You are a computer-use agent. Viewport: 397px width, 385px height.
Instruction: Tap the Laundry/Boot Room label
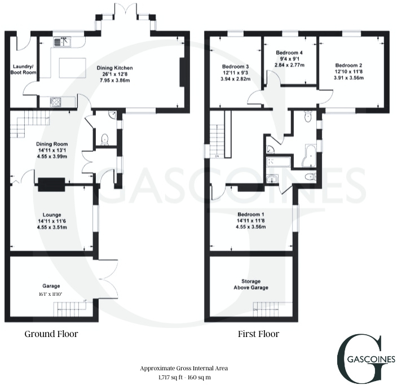(x=24, y=69)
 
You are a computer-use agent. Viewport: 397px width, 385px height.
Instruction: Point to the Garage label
(x=51, y=286)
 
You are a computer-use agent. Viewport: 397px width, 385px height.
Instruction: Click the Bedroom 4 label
(x=290, y=52)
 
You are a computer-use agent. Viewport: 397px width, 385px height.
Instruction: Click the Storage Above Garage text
(x=251, y=284)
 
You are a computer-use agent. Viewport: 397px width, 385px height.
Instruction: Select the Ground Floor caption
(x=51, y=334)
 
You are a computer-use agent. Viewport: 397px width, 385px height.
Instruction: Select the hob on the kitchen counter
(x=57, y=102)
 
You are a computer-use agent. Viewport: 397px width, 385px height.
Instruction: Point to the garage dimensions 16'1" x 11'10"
(x=51, y=294)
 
